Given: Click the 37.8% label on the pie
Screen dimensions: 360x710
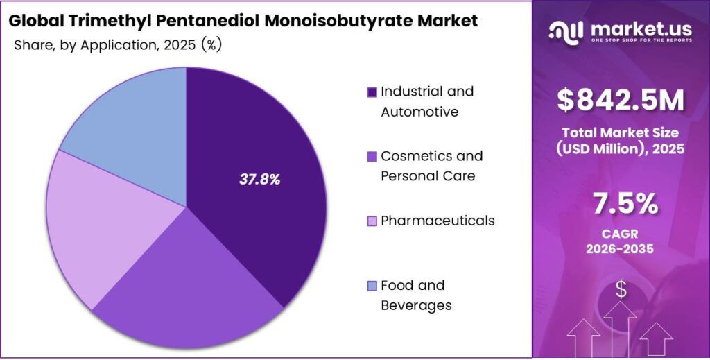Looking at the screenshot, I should pos(260,180).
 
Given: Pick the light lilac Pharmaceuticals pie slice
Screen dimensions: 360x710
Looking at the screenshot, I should pos(104,222).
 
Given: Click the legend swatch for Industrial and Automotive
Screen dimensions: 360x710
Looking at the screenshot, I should pos(372,92).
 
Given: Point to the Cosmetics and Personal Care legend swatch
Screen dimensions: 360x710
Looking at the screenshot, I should pos(372,157).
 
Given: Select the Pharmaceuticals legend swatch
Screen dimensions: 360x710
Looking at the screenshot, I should pos(372,221).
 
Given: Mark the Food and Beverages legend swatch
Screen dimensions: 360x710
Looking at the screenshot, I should pos(372,286).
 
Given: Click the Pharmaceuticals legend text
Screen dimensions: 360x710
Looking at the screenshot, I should pos(438,221).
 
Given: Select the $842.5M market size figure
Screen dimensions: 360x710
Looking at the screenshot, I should pos(621,101).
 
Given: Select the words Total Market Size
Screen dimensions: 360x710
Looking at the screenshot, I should pos(621,132).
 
